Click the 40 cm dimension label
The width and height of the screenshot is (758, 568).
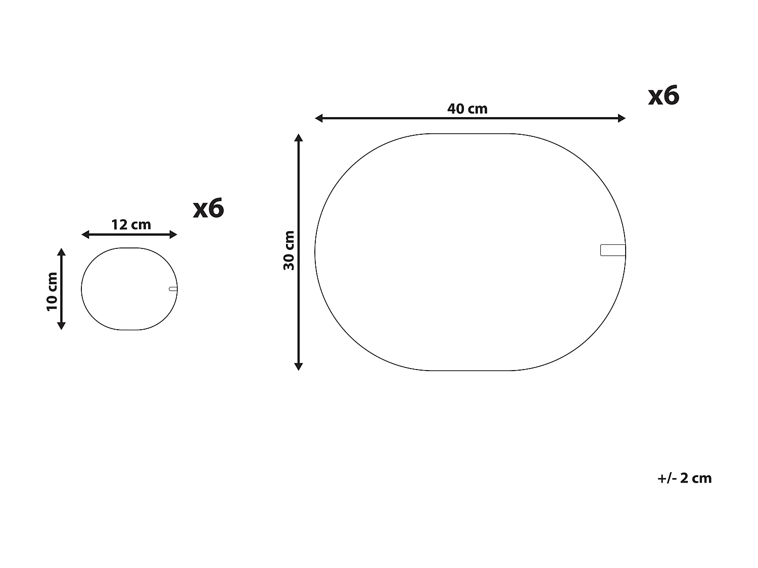coord(467,109)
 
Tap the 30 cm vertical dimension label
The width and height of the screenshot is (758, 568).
coord(289,250)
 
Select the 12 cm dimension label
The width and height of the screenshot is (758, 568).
coord(131,225)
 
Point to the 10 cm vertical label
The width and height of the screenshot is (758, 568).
coord(52,292)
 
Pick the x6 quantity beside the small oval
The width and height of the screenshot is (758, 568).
coord(209,209)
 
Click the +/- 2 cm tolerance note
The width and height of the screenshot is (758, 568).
coord(684,478)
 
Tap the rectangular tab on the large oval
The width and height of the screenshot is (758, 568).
coord(613,250)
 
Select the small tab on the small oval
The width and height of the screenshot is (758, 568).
coord(173,289)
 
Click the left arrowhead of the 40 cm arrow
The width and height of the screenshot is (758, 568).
coord(318,118)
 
